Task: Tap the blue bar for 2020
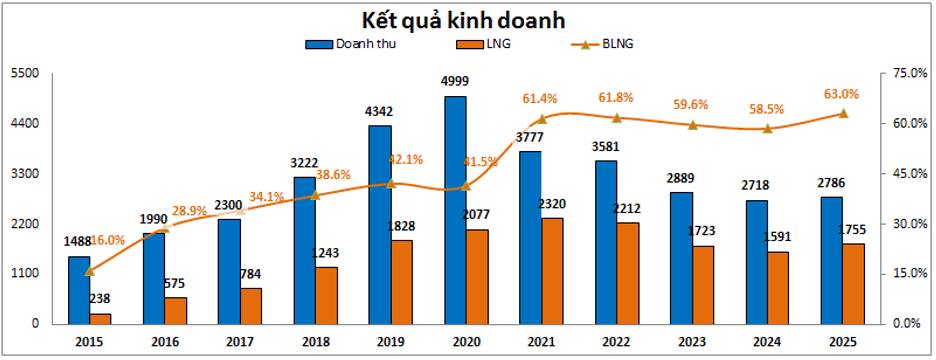[x=455, y=210]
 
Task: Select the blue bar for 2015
[x=79, y=290]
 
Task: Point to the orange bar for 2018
[x=326, y=295]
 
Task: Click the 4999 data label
[x=454, y=81]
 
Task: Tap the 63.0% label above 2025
[x=841, y=94]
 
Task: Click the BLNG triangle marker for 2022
[x=617, y=118]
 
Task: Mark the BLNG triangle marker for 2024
[x=767, y=129]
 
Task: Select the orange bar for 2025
[x=852, y=284]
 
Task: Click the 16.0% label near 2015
[x=108, y=240]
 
